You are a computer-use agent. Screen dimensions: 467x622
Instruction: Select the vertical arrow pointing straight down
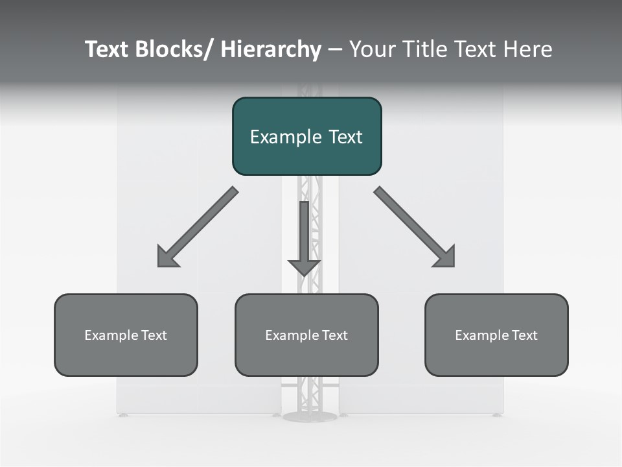[304, 233]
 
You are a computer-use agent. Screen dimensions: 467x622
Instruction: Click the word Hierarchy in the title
[271, 49]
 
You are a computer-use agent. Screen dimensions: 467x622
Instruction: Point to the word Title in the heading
[423, 49]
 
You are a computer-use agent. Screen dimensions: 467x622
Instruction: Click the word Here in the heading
[528, 49]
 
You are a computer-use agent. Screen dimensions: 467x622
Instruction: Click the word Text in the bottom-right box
[524, 335]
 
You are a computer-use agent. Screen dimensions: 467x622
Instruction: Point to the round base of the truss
[310, 416]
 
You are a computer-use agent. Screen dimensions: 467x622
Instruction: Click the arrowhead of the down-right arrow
[445, 257]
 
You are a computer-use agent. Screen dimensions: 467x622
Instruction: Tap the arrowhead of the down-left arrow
[167, 257]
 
